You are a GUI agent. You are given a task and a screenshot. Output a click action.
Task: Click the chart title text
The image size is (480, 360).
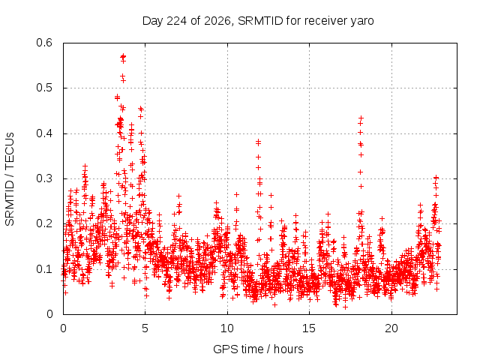[258, 21]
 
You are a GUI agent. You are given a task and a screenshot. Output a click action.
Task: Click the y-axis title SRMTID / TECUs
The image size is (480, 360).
[10, 179]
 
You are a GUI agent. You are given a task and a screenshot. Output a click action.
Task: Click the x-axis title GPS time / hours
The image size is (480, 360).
[258, 349]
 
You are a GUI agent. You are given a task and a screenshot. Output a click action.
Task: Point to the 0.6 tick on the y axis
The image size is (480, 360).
[44, 43]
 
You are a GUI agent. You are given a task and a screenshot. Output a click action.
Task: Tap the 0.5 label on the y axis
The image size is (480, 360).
[44, 88]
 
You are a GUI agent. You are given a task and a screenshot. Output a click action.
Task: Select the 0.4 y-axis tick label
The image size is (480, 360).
[44, 133]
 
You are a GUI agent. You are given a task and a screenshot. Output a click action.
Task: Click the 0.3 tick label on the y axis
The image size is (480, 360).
[44, 178]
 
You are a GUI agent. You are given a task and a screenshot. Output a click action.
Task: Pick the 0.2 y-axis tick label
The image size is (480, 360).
[44, 223]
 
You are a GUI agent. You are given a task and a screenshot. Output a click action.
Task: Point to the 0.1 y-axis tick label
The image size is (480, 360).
[44, 269]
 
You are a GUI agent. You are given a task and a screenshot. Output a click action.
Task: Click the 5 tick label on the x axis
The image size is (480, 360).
[145, 328]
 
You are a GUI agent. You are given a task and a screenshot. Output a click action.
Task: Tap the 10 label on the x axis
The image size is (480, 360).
[227, 328]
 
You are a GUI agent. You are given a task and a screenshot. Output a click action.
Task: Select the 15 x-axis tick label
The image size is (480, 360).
[309, 328]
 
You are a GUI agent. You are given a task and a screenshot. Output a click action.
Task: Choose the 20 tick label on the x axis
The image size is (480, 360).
[391, 328]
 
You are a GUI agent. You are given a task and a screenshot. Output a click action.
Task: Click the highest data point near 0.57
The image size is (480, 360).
[123, 56]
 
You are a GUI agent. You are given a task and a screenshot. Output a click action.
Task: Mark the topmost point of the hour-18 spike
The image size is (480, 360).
[361, 118]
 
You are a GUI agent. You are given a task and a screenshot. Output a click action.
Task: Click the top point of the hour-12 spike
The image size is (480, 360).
[258, 142]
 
